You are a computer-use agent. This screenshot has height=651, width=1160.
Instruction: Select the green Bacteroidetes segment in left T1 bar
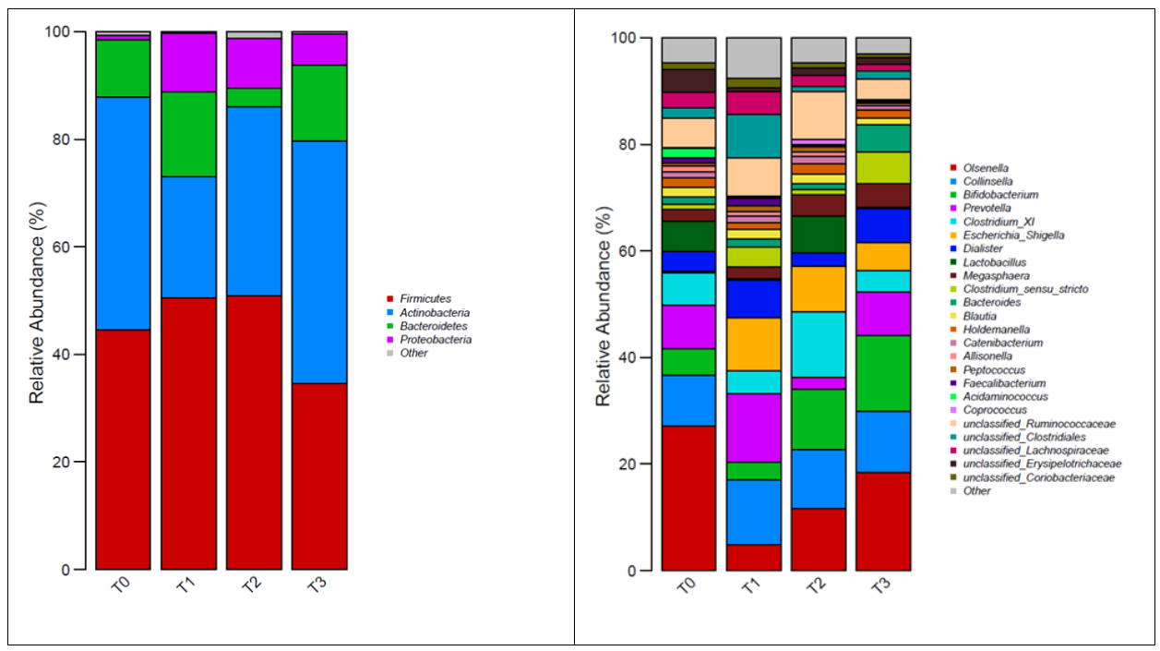[188, 134]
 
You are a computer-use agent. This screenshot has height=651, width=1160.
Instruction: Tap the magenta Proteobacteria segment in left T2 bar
[254, 63]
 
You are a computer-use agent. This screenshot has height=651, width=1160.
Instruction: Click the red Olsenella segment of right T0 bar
[688, 498]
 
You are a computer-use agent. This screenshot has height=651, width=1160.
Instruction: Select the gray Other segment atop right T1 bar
[753, 57]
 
